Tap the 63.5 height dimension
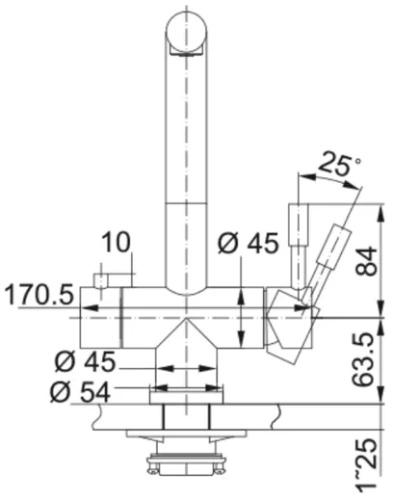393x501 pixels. [x=366, y=359]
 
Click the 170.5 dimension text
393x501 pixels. [x=39, y=295]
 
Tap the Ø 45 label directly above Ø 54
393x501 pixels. [x=83, y=362]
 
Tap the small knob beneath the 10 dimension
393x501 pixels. [x=100, y=280]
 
